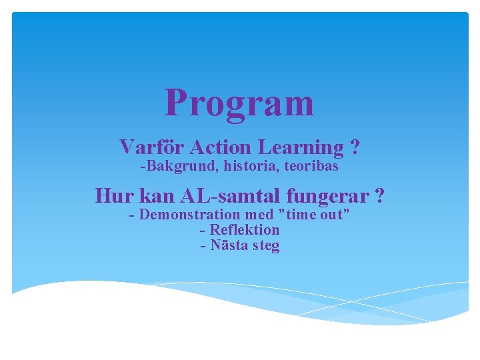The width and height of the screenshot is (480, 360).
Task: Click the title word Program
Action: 239,104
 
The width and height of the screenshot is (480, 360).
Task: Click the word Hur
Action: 114,196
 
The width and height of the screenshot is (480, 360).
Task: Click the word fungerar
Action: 328,197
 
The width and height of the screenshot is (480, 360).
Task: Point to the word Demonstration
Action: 189,215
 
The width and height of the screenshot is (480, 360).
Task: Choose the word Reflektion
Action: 245,230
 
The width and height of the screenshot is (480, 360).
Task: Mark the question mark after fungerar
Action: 379,196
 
